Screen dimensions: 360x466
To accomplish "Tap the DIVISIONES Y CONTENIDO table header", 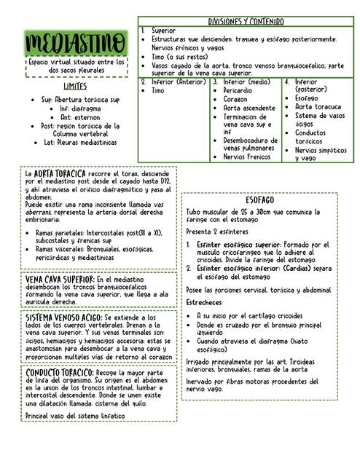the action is click(x=246, y=22).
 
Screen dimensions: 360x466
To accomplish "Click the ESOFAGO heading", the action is click(x=259, y=199).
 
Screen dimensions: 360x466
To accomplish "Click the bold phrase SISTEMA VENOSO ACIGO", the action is click(x=63, y=318).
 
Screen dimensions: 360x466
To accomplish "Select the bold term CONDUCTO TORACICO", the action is click(x=59, y=372).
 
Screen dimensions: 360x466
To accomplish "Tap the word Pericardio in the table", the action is click(x=240, y=90).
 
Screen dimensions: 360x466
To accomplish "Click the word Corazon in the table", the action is click(x=238, y=99).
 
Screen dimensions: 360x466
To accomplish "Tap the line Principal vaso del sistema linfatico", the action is click(x=74, y=415).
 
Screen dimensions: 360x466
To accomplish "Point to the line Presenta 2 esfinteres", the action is click(x=218, y=231).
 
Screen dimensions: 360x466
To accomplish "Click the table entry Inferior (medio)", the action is click(x=246, y=82).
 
